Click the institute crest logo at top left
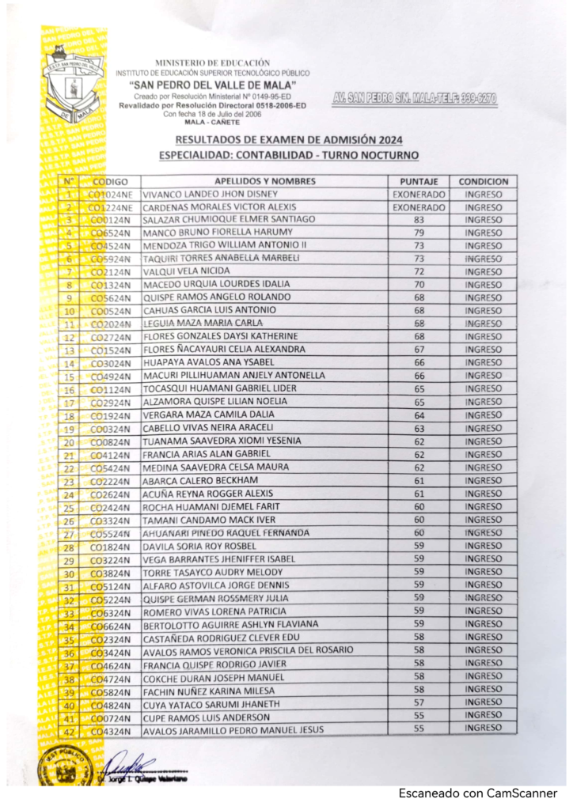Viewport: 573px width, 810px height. coord(73,85)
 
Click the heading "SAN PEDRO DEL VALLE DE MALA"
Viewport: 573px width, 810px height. coord(212,85)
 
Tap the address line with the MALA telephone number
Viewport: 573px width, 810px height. coord(415,99)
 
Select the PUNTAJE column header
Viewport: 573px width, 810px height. coord(419,181)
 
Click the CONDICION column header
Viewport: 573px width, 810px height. coord(483,181)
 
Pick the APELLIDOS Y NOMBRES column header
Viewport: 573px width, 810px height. coord(264,181)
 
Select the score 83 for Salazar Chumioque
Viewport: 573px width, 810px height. coord(419,219)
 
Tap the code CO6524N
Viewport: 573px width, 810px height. coord(111,233)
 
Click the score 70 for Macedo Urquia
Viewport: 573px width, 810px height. coord(419,284)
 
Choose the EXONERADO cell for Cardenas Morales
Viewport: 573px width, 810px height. coord(419,207)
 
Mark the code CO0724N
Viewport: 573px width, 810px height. coord(111,717)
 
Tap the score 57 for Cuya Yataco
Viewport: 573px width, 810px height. coord(419,703)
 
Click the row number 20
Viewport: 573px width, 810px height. coord(69,441)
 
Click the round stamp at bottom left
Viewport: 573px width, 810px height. coord(58,767)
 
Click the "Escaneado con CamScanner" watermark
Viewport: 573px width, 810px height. coord(477,793)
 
